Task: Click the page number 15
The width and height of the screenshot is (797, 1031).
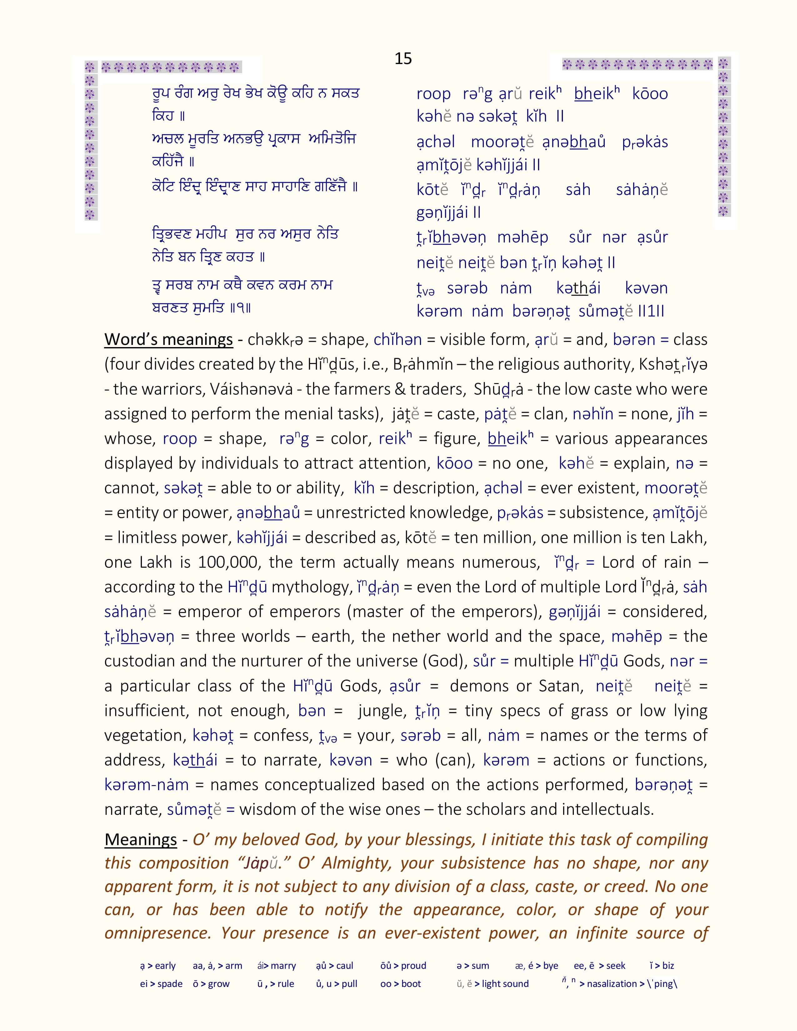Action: point(403,58)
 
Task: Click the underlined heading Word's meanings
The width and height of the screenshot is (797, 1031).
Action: point(168,339)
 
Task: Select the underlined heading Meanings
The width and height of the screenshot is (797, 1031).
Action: point(141,839)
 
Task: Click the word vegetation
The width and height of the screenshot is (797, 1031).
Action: point(145,735)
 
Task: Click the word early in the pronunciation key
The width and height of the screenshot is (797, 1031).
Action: point(165,966)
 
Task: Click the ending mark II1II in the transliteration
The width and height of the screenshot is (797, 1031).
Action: point(651,311)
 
